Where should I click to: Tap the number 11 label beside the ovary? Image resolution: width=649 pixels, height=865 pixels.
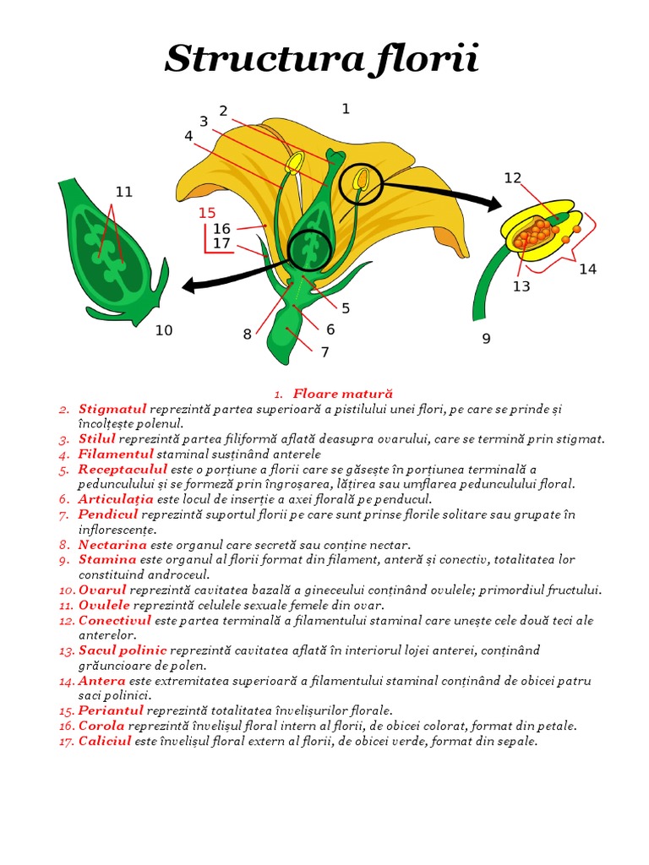pyautogui.click(x=124, y=192)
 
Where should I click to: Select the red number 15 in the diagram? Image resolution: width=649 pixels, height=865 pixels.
pyautogui.click(x=207, y=213)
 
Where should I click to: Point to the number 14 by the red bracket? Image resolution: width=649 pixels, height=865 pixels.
pyautogui.click(x=587, y=269)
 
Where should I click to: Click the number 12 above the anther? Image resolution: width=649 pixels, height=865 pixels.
pyautogui.click(x=513, y=177)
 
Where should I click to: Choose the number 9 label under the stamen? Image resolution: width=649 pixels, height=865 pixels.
pyautogui.click(x=486, y=339)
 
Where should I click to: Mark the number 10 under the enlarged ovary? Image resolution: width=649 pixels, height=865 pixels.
pyautogui.click(x=163, y=330)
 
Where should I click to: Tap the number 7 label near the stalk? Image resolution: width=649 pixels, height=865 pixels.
pyautogui.click(x=324, y=351)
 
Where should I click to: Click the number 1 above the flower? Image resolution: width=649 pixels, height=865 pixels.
pyautogui.click(x=346, y=108)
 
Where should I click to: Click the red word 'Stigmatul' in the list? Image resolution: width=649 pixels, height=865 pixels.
pyautogui.click(x=112, y=409)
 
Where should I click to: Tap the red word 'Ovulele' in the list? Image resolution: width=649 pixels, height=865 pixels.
pyautogui.click(x=104, y=605)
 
